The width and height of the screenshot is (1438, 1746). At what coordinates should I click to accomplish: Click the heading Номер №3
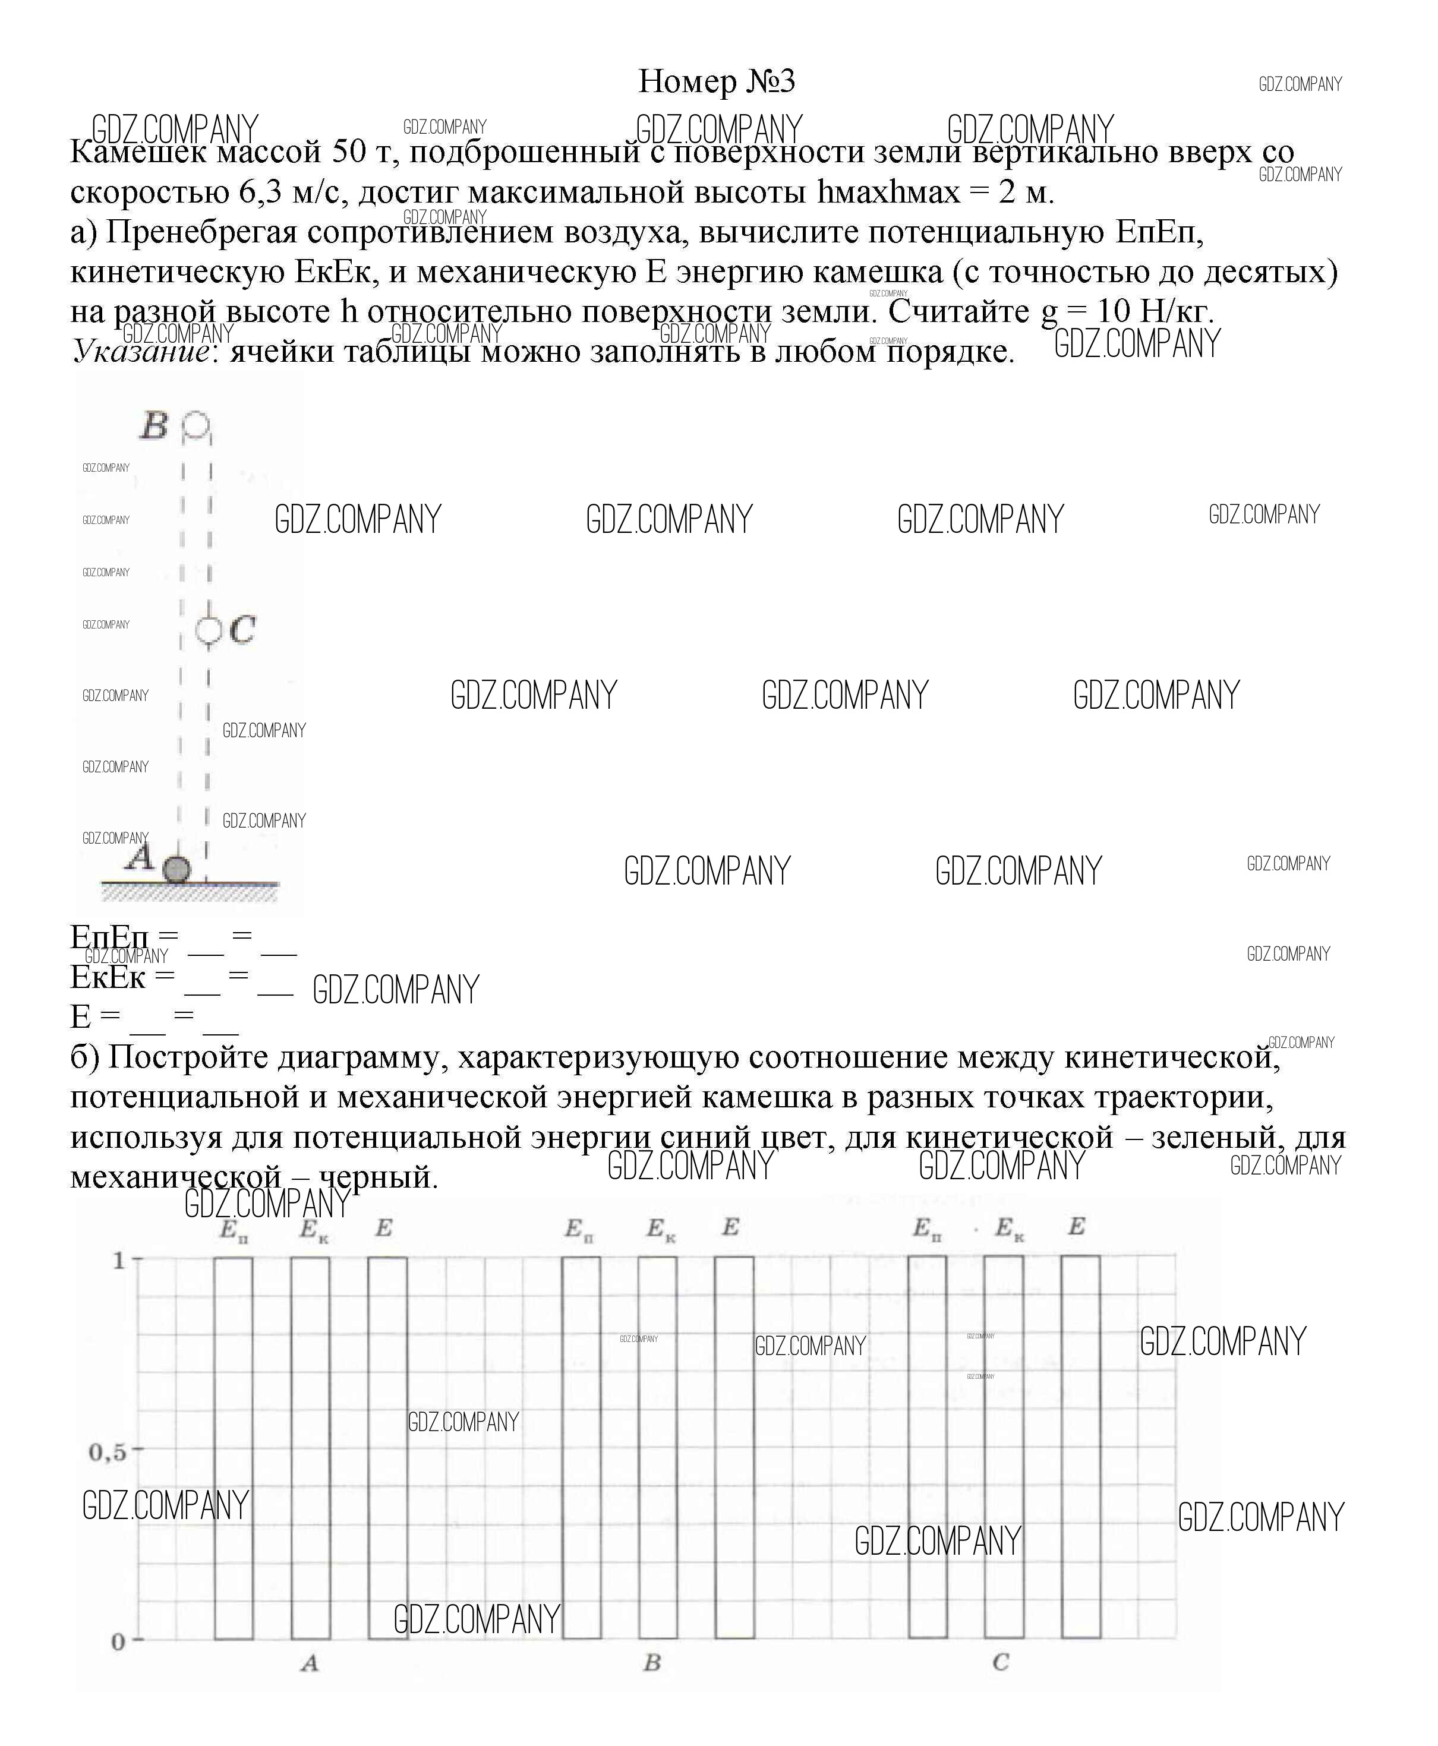[717, 81]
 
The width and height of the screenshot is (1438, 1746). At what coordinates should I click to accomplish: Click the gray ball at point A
[176, 870]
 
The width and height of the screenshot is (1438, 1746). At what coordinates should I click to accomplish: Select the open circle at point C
[208, 630]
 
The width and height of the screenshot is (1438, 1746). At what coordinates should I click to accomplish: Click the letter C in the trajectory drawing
[242, 630]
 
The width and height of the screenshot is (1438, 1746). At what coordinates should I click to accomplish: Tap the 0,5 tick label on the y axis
[108, 1451]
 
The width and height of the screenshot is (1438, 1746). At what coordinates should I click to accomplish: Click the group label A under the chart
[310, 1662]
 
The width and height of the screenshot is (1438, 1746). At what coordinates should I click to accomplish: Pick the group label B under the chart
[652, 1662]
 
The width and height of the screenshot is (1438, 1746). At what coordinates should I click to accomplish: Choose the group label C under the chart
[1001, 1662]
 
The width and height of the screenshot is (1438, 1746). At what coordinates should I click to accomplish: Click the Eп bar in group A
[234, 1450]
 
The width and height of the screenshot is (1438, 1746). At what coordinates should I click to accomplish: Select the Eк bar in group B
[658, 1450]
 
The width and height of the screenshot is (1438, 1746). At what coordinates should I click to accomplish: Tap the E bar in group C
[1081, 1450]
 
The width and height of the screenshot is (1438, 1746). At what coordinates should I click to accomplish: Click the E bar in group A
[387, 1450]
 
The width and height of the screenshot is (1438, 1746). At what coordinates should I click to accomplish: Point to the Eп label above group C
[927, 1229]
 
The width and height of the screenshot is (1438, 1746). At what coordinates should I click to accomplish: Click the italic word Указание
[140, 351]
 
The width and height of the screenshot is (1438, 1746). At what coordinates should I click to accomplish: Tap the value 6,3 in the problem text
[261, 192]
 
